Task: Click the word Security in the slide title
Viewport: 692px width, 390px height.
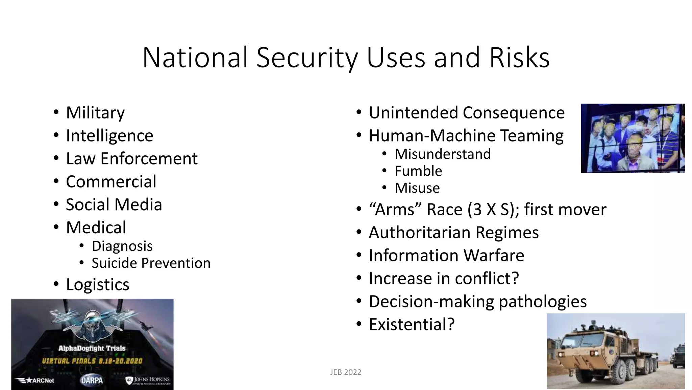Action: [307, 58]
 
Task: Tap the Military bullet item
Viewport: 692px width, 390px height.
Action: [95, 113]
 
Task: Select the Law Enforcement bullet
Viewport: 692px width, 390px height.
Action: [131, 159]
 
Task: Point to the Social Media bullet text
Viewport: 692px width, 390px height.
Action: [114, 205]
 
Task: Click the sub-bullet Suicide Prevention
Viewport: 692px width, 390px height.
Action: [151, 263]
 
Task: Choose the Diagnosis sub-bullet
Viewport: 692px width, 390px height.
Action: [122, 246]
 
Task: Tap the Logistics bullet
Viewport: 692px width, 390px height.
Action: [98, 284]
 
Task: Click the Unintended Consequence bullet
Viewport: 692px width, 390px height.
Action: [467, 113]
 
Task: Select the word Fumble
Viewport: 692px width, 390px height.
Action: [418, 171]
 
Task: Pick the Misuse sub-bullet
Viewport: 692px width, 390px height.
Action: [417, 188]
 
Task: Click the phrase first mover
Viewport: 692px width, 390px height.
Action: [565, 210]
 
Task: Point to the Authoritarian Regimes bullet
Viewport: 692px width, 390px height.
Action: [454, 233]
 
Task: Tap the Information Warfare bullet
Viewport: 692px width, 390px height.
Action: [446, 256]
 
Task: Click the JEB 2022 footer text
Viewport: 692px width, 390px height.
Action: [346, 372]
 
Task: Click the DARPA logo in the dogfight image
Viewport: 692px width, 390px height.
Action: [92, 380]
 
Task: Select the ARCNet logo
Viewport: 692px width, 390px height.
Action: [35, 381]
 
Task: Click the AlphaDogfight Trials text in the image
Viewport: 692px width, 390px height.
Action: [92, 348]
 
